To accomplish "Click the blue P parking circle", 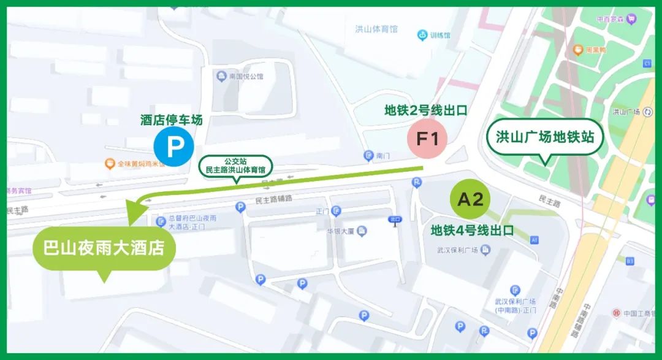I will pyautogui.click(x=174, y=147).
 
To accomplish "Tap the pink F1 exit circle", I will pyautogui.click(x=428, y=139).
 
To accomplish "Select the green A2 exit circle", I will pyautogui.click(x=471, y=199).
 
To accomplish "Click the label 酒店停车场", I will pyautogui.click(x=171, y=120).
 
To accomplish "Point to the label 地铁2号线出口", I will pyautogui.click(x=426, y=111).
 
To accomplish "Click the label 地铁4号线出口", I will pyautogui.click(x=472, y=231).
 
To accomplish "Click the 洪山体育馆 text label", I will pyautogui.click(x=376, y=29).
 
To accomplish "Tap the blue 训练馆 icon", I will pyautogui.click(x=422, y=35).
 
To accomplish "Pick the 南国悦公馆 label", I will pyautogui.click(x=245, y=77).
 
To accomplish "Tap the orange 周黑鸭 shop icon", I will pyautogui.click(x=577, y=49).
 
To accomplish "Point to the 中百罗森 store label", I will pyautogui.click(x=612, y=19).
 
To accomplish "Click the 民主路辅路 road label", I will pyautogui.click(x=273, y=201).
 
